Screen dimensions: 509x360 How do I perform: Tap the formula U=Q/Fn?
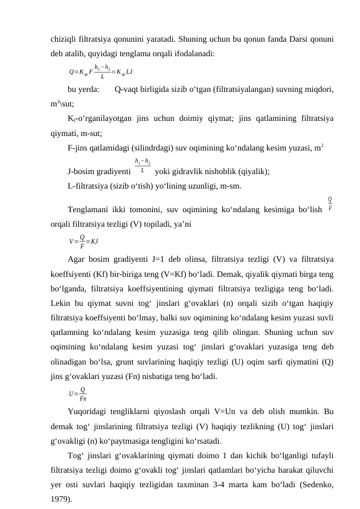[x=79, y=395]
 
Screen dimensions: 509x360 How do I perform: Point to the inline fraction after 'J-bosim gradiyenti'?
[x=143, y=167]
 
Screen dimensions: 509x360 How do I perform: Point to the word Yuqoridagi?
[x=89, y=412]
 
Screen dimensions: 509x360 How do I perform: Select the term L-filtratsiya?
[x=91, y=186]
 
